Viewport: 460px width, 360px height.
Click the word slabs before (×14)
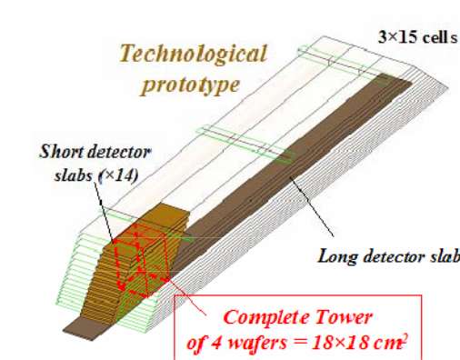coord(75,175)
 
